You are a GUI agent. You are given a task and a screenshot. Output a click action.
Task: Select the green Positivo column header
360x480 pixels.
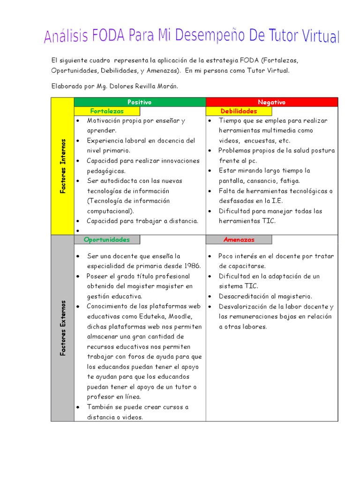coord(140,102)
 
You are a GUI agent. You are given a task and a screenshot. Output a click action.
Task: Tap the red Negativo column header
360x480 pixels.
coord(271,102)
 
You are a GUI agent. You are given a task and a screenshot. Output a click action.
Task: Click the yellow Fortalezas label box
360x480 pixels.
coord(107,111)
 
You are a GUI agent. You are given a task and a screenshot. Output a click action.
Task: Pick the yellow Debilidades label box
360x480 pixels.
coord(239,111)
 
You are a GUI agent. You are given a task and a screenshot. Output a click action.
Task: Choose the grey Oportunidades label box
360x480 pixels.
coord(107,240)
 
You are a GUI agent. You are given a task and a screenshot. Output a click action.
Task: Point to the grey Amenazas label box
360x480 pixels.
coord(239,240)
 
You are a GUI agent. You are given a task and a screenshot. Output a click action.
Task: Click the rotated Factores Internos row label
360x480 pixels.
coord(62,166)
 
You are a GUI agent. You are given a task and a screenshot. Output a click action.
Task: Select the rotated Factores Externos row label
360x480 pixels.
coord(62,328)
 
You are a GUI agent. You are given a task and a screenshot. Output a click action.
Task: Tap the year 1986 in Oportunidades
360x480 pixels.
coord(192,266)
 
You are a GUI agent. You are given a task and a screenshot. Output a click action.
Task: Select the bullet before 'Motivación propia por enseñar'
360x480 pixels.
coord(78,120)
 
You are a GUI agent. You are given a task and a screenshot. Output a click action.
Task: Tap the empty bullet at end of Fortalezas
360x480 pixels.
coord(78,231)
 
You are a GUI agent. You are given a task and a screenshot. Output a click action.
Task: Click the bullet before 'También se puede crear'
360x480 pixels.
coord(78,407)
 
